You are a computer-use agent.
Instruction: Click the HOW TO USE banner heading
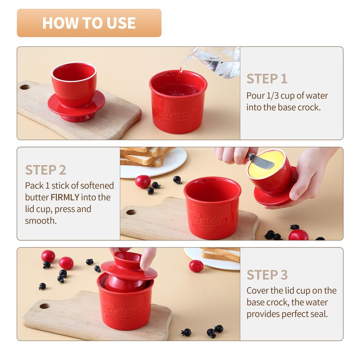[x=89, y=23]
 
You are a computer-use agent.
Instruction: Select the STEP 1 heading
[x=267, y=79]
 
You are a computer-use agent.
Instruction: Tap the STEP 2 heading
[x=45, y=170]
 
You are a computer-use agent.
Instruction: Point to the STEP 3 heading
[x=267, y=275]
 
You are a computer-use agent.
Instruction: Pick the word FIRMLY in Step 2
[x=65, y=197]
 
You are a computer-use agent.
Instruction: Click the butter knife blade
[x=262, y=162]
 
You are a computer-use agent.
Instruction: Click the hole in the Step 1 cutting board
[x=25, y=87]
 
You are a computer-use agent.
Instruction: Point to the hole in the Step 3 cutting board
[x=44, y=306]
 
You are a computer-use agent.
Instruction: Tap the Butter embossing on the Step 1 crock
[x=177, y=113]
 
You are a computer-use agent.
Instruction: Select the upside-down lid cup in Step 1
[x=76, y=92]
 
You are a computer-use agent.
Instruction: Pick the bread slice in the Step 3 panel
[x=221, y=255]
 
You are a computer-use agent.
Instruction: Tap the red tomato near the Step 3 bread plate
[x=196, y=266]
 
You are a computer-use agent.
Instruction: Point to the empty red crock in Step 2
[x=212, y=207]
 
